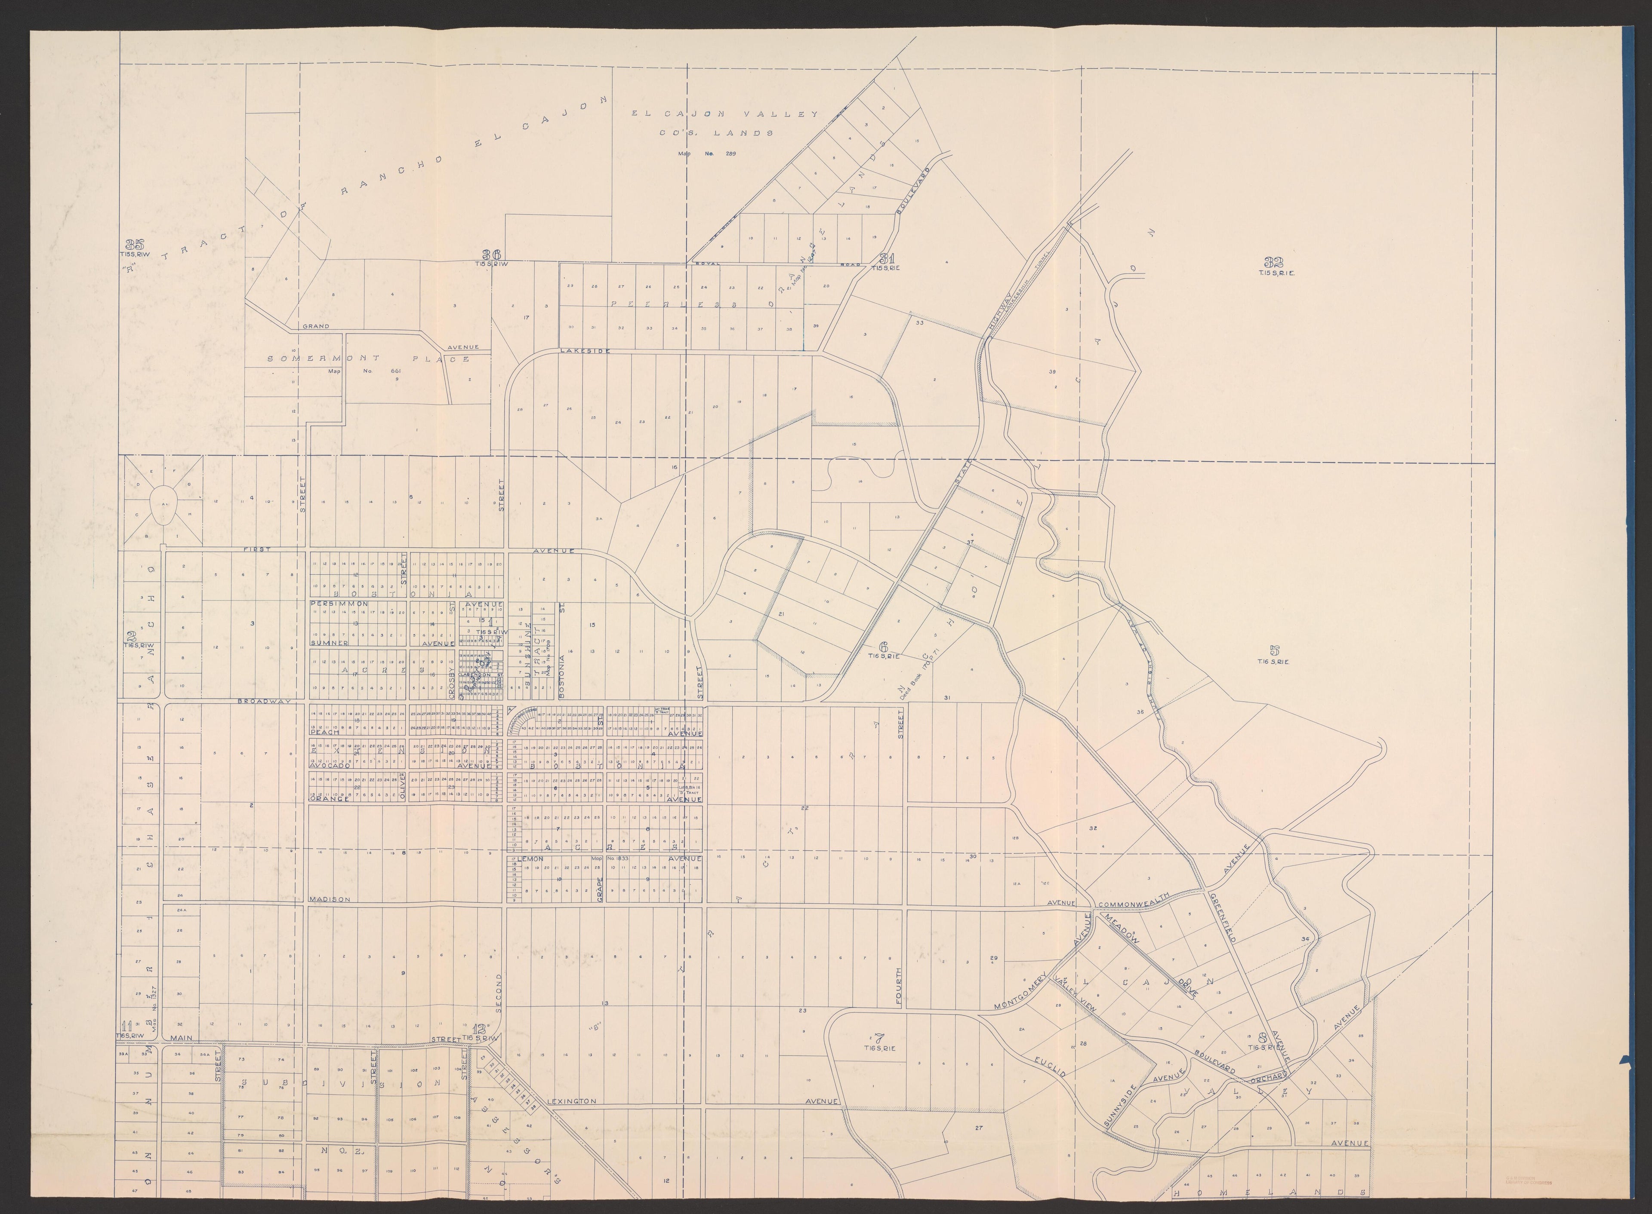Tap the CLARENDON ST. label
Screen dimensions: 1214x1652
coord(479,674)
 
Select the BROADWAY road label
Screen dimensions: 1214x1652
coord(265,702)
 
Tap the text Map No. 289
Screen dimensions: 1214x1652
coord(706,153)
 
